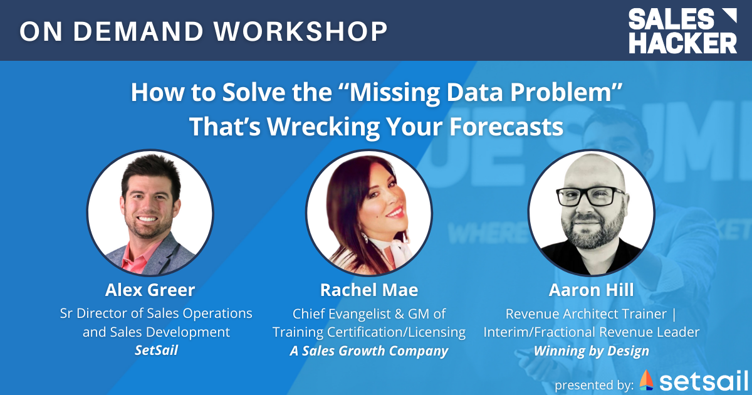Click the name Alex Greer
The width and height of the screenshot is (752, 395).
pyautogui.click(x=150, y=290)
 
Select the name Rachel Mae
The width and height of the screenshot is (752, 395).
pyautogui.click(x=368, y=290)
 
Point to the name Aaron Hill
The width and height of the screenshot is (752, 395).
pyautogui.click(x=591, y=290)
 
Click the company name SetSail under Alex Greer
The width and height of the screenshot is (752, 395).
pyautogui.click(x=156, y=350)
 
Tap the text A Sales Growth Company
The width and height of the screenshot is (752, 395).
pyautogui.click(x=368, y=350)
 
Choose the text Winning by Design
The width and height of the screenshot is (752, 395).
pyautogui.click(x=591, y=350)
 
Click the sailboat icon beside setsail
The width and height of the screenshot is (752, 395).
pyautogui.click(x=646, y=380)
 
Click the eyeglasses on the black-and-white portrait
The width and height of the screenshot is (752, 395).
pyautogui.click(x=590, y=196)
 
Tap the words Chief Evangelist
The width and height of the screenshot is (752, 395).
pyautogui.click(x=342, y=313)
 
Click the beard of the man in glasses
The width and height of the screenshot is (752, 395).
pyautogui.click(x=590, y=232)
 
